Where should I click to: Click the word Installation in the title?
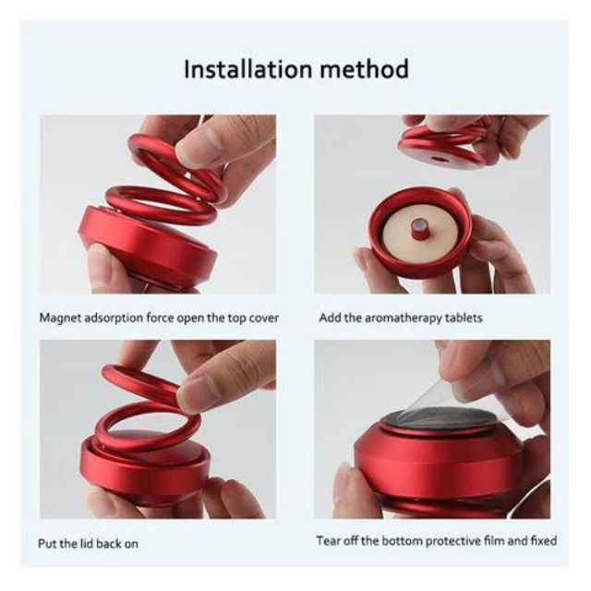248,69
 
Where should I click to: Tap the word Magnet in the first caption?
59,318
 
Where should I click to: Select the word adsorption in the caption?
113,319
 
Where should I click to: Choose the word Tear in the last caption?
328,541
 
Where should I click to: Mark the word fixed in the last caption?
543,541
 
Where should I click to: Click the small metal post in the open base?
418,228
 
